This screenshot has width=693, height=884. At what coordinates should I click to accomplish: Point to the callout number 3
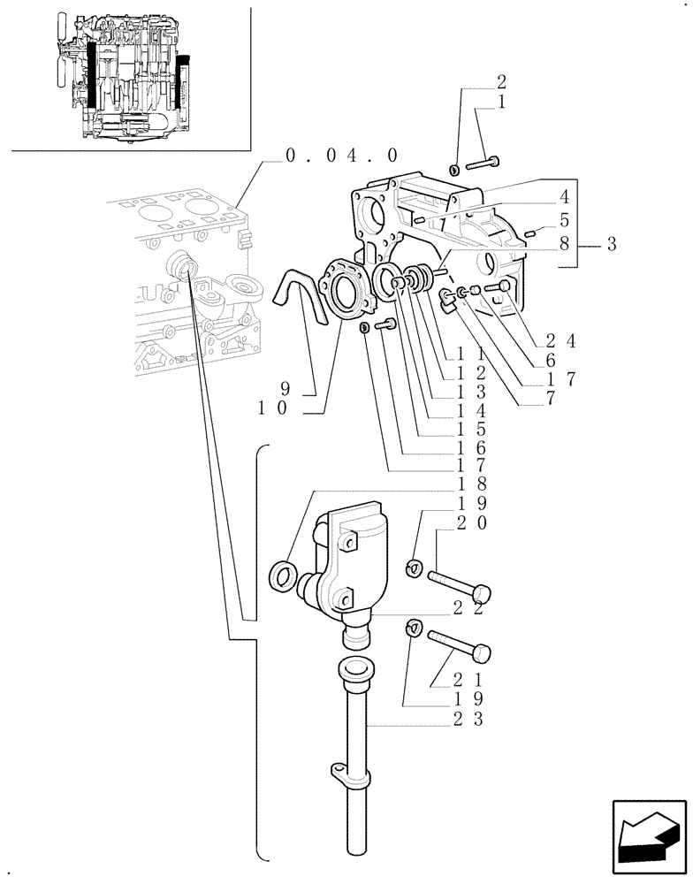[x=611, y=244]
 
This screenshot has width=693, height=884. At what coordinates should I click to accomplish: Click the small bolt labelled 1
[x=481, y=163]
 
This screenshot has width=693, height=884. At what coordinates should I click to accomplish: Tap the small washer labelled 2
[x=454, y=169]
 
